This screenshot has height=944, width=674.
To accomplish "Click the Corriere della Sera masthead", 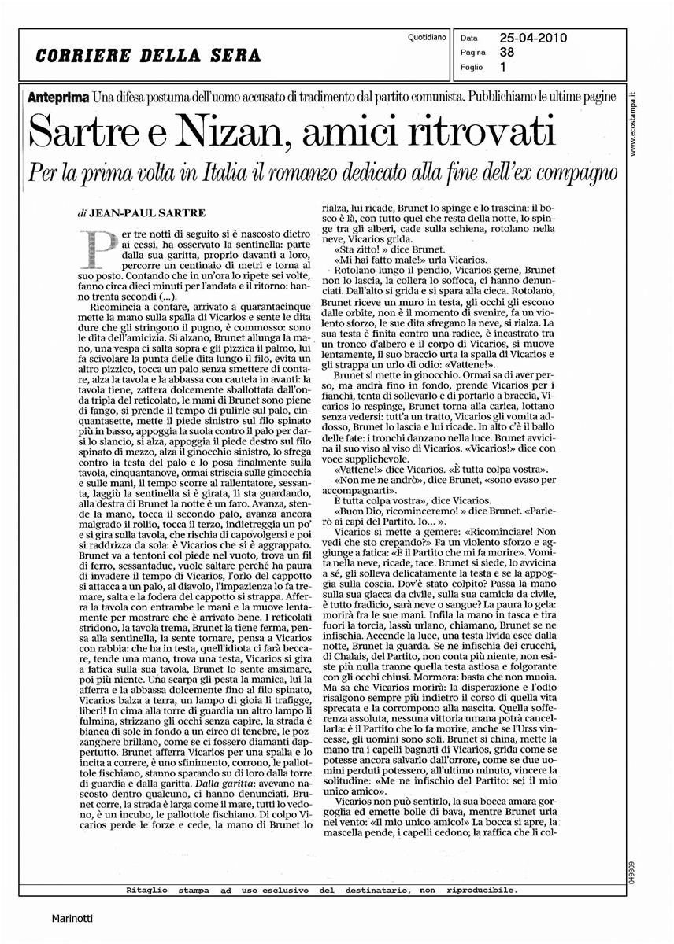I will [x=148, y=57].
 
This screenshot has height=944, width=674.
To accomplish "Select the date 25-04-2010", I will [x=533, y=36].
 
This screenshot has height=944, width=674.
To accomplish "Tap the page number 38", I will [x=508, y=51].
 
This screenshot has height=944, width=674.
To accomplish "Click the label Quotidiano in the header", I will [x=428, y=37].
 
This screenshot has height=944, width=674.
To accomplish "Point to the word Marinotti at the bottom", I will [x=72, y=917].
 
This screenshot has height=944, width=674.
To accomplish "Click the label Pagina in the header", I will [x=473, y=51].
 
